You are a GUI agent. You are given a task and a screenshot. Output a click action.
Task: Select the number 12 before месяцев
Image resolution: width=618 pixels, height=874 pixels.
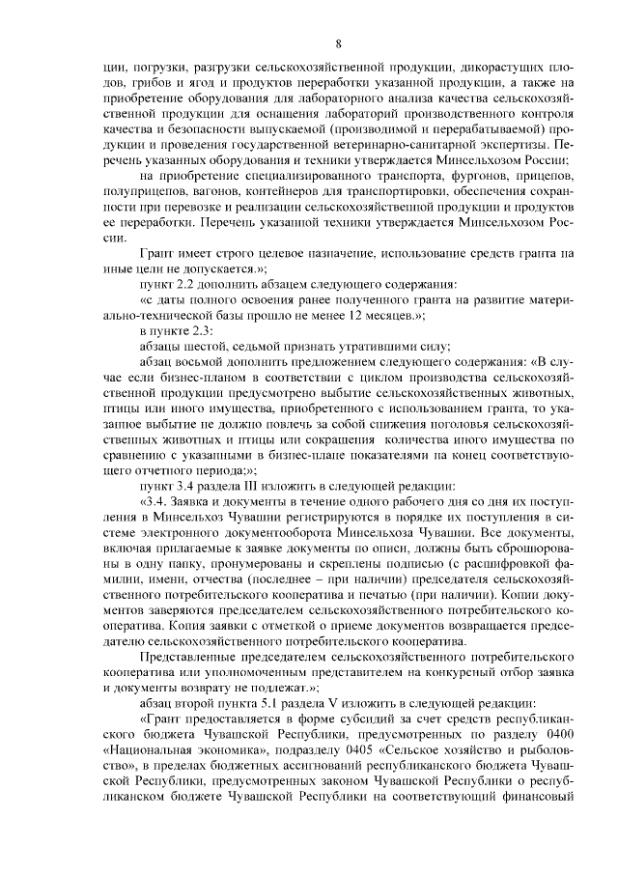(x=371, y=315)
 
